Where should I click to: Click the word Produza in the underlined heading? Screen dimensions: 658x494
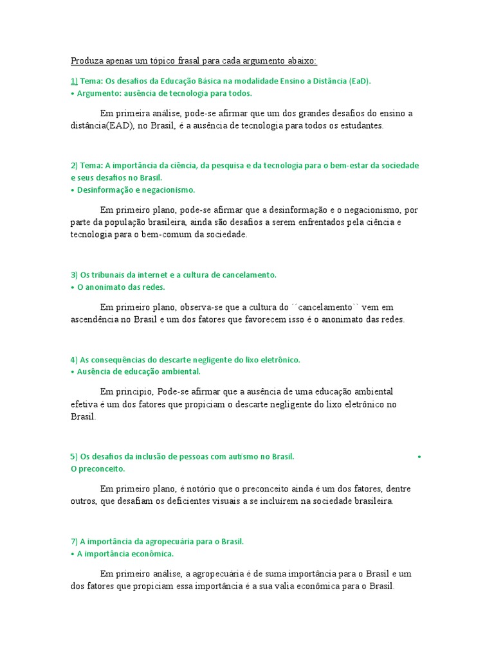tap(86, 61)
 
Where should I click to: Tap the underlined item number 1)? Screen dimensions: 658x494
tap(74, 81)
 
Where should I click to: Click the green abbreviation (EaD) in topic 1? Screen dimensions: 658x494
tap(360, 81)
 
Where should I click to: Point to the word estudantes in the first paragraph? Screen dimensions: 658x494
tap(361, 126)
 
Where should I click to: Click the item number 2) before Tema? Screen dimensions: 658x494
tap(74, 165)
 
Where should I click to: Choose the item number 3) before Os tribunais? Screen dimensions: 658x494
tap(74, 274)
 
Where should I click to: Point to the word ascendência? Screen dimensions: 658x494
tap(96, 319)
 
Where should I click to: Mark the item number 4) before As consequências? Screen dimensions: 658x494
tap(74, 359)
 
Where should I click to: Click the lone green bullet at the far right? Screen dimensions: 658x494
tap(419, 456)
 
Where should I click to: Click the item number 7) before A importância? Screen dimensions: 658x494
tap(74, 541)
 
